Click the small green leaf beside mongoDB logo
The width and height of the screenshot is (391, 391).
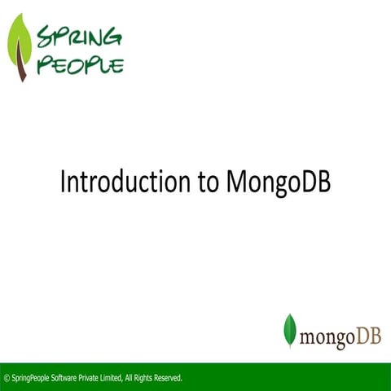289,329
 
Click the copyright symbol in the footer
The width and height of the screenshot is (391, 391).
7,378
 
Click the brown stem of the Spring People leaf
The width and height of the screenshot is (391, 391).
24,72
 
